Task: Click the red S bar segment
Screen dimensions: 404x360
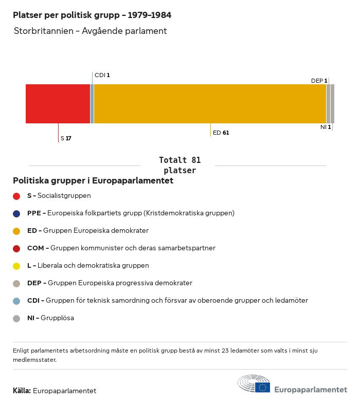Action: point(58,104)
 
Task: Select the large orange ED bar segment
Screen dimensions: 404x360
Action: point(210,104)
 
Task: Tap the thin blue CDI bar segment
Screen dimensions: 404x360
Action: point(92,104)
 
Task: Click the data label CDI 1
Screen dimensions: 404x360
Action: point(102,75)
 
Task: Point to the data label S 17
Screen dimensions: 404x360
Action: point(66,138)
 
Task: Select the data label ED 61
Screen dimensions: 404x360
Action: point(221,133)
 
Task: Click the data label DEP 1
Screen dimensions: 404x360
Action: point(319,81)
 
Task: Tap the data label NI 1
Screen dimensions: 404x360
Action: point(326,127)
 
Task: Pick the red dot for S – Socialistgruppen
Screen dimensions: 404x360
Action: point(16,196)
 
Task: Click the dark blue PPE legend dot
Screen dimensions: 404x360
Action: point(16,213)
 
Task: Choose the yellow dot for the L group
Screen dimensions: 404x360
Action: point(16,266)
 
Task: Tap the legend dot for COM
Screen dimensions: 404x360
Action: point(16,248)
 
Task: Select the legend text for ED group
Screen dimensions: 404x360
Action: point(87,230)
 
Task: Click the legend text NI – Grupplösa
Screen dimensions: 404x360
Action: point(50,318)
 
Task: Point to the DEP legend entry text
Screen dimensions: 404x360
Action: point(110,283)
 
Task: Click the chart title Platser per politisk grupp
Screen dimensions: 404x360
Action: point(92,15)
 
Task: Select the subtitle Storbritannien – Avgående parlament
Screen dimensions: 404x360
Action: point(91,31)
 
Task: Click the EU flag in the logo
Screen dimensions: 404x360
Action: point(263,387)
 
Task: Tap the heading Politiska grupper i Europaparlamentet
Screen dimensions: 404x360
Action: point(93,181)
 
